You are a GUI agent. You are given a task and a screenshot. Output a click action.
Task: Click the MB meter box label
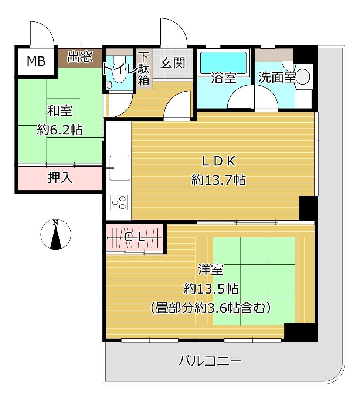pyautogui.click(x=36, y=62)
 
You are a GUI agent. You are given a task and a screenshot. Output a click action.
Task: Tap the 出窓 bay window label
pyautogui.click(x=80, y=57)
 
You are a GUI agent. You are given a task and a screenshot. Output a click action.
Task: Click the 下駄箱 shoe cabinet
pyautogui.click(x=143, y=69)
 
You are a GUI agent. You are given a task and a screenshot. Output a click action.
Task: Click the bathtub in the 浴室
pyautogui.click(x=223, y=62)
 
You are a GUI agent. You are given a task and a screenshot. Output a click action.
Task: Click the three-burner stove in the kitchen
pyautogui.click(x=119, y=203)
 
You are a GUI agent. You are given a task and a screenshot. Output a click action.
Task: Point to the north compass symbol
pyautogui.click(x=55, y=235)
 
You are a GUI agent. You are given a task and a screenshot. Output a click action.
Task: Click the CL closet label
pyautogui.click(x=134, y=238)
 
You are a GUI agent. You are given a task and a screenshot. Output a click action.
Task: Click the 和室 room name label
pyautogui.click(x=60, y=110)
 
